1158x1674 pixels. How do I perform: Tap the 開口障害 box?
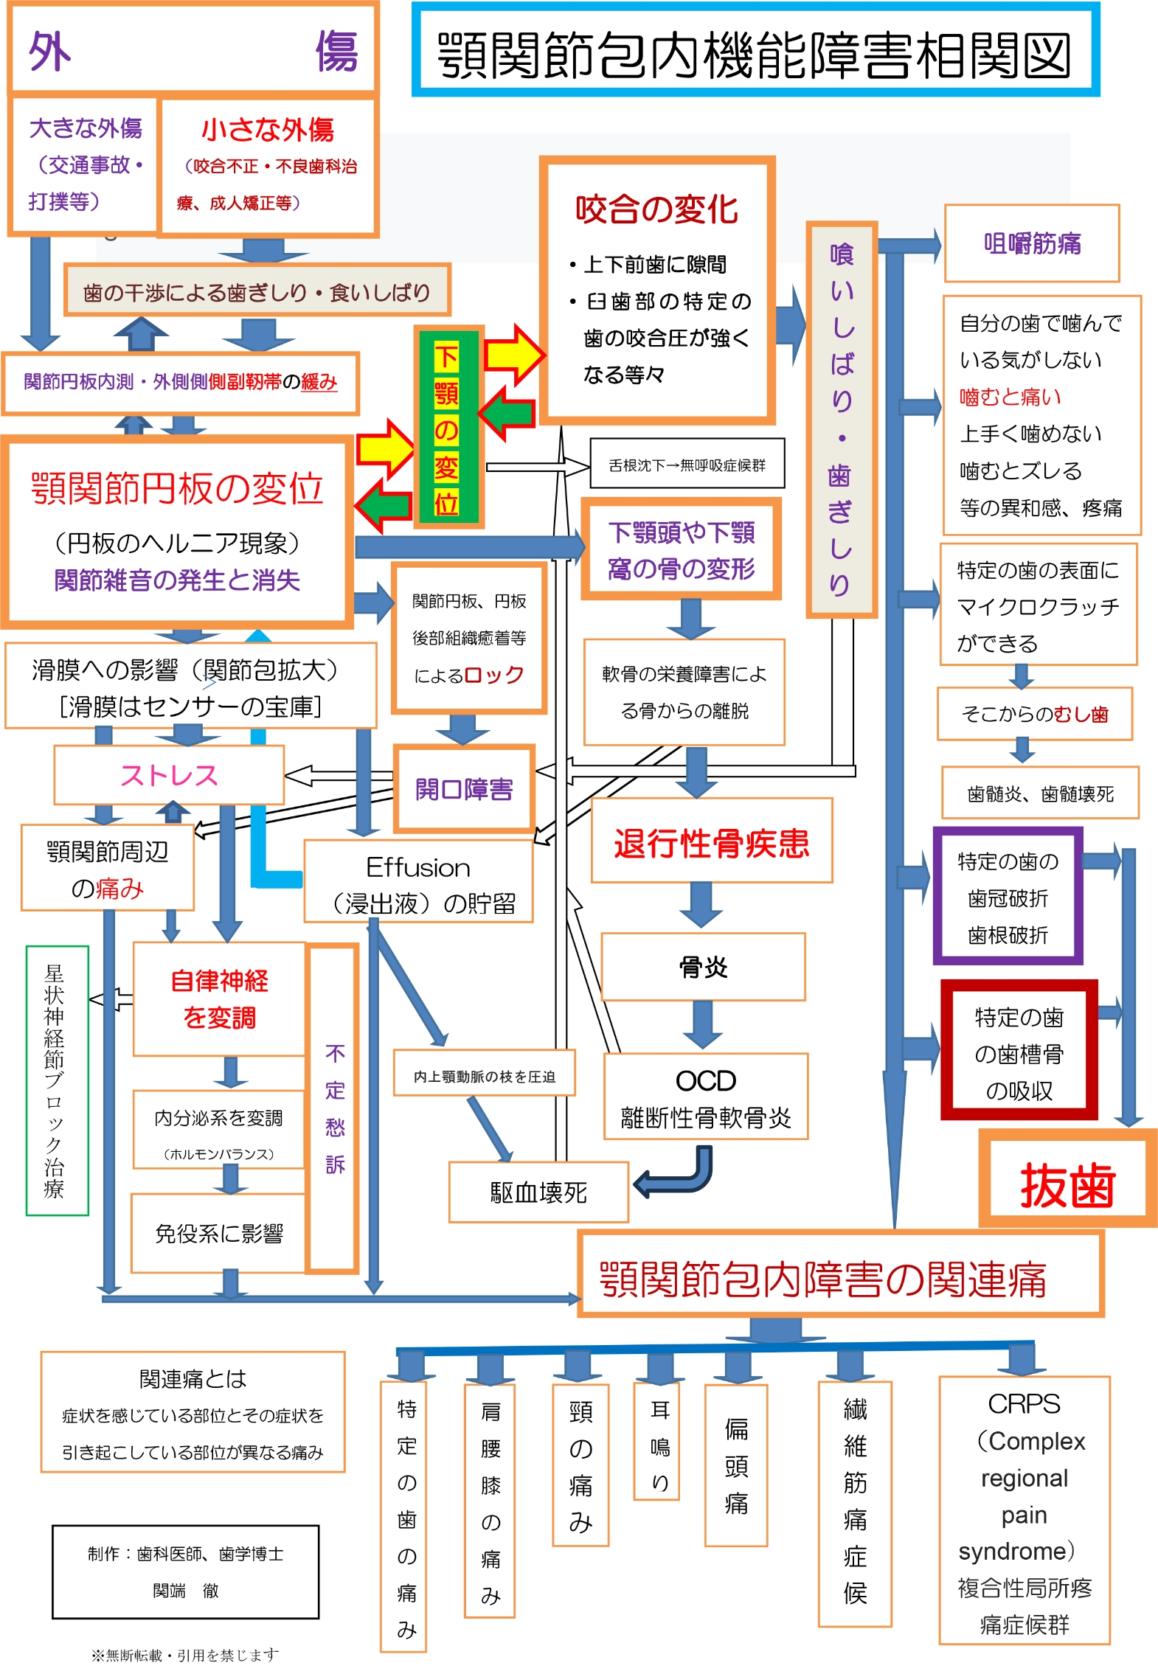463,789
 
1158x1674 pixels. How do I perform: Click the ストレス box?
169,775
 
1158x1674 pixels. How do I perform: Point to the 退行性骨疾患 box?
711,841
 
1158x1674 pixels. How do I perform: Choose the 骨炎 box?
703,967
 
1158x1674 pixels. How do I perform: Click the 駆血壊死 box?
538,1192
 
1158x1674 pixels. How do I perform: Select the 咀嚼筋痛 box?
1031,243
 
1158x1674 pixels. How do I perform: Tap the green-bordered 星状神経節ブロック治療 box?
56,1080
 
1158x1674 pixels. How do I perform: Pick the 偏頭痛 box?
735,1465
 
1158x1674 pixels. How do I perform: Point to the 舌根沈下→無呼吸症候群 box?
687,465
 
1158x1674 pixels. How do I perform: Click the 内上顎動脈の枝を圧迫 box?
484,1076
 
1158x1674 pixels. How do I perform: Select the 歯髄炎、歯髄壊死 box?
1039,793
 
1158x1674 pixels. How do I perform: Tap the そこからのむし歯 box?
1034,714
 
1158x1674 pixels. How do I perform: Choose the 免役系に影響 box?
218,1234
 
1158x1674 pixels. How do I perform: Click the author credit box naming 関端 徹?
185,1572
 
